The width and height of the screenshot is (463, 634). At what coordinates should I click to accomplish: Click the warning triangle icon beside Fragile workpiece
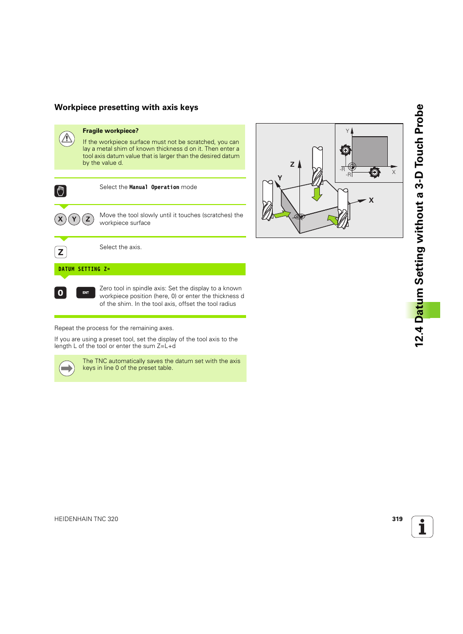[66, 139]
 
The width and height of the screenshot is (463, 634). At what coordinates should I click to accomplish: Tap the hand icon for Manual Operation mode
[60, 191]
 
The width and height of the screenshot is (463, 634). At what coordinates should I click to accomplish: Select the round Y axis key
[74, 219]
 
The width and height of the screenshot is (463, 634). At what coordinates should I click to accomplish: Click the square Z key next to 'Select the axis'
[60, 252]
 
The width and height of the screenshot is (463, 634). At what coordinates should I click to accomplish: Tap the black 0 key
[60, 293]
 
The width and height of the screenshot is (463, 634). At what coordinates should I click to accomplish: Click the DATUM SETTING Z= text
[84, 269]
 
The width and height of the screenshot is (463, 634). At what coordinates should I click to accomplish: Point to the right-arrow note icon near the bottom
[66, 368]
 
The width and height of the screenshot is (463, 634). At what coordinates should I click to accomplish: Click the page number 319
[397, 519]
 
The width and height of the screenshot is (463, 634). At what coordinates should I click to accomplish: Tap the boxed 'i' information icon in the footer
[422, 526]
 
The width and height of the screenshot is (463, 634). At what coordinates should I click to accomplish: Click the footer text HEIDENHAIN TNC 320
[86, 519]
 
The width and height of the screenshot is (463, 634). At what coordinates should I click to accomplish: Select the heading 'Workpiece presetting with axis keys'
[126, 107]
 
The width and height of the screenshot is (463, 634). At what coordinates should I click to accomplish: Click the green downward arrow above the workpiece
[317, 194]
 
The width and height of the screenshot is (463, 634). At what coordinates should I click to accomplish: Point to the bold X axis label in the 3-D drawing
[371, 200]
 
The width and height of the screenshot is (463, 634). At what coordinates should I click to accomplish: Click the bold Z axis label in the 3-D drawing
[292, 164]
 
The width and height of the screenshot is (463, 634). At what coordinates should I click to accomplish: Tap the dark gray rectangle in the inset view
[369, 151]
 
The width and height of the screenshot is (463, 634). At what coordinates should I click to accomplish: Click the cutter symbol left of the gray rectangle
[345, 150]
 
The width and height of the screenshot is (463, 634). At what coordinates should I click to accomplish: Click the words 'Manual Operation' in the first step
[154, 187]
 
